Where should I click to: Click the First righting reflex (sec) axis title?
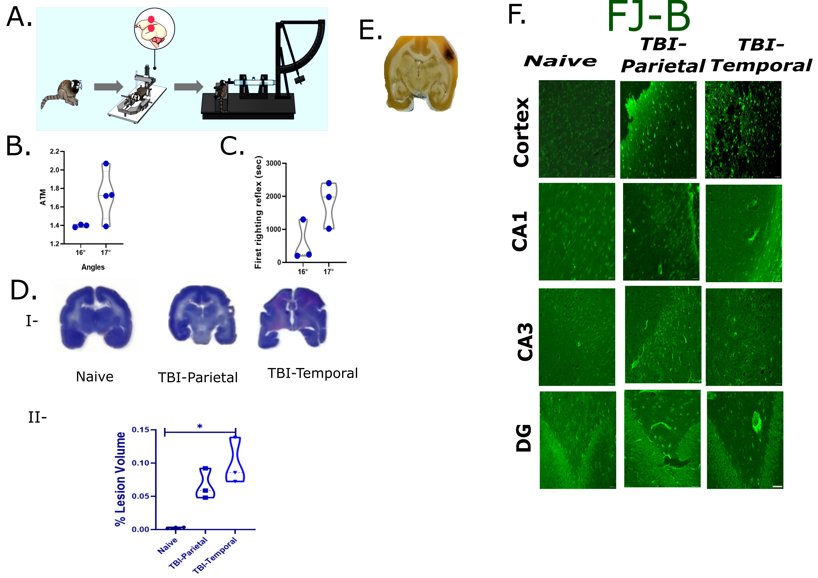coord(258,212)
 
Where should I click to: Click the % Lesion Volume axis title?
coord(120,479)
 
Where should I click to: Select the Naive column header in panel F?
coord(560,61)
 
